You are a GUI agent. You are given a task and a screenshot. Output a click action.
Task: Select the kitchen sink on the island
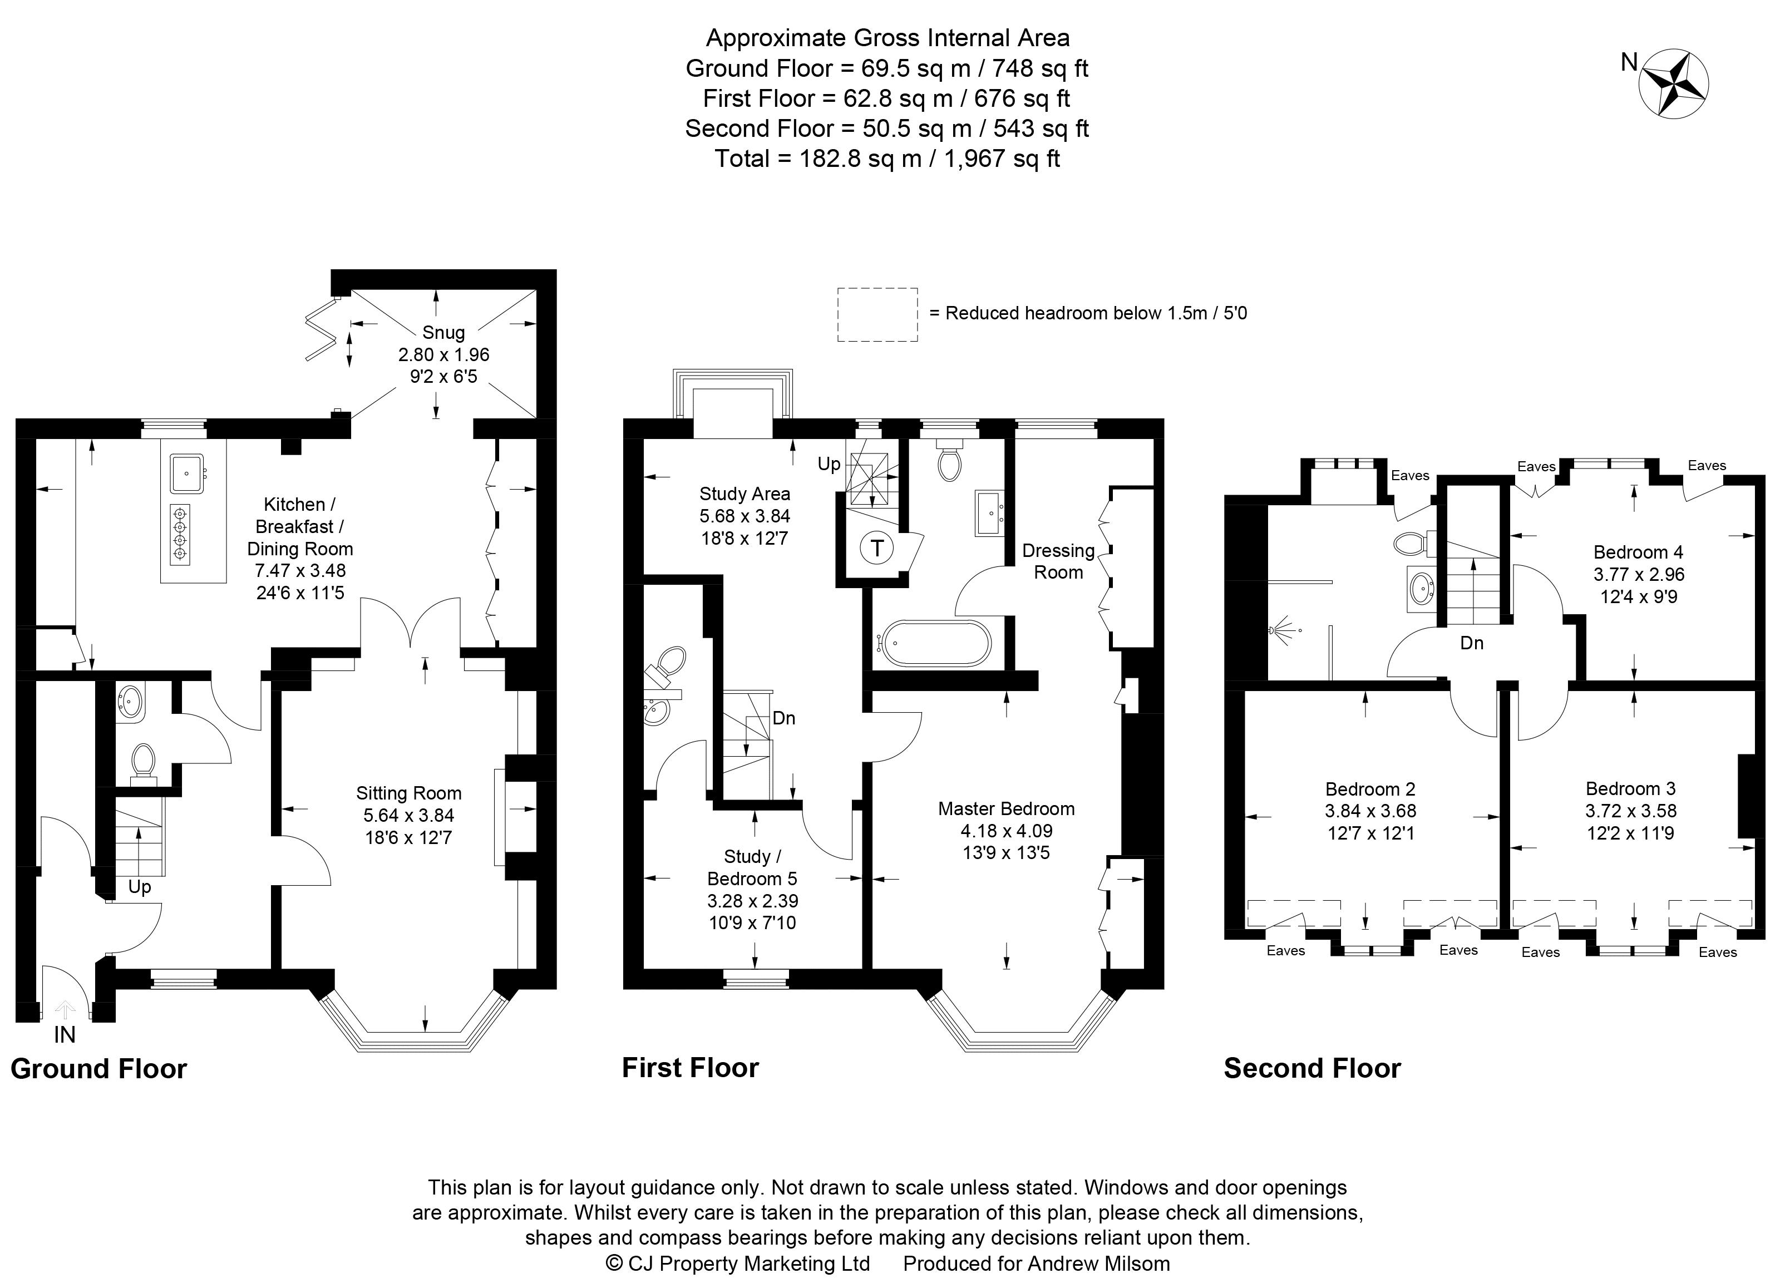(186, 474)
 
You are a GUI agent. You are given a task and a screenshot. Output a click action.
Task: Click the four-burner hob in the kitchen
(181, 534)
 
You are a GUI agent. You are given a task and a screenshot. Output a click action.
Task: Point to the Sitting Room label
(408, 793)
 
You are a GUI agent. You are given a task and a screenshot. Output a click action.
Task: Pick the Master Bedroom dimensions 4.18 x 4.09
(1007, 831)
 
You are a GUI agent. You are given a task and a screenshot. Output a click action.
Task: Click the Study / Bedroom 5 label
(752, 867)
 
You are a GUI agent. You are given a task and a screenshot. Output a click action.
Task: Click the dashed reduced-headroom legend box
(877, 314)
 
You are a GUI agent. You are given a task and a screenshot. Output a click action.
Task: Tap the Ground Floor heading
(98, 1069)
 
